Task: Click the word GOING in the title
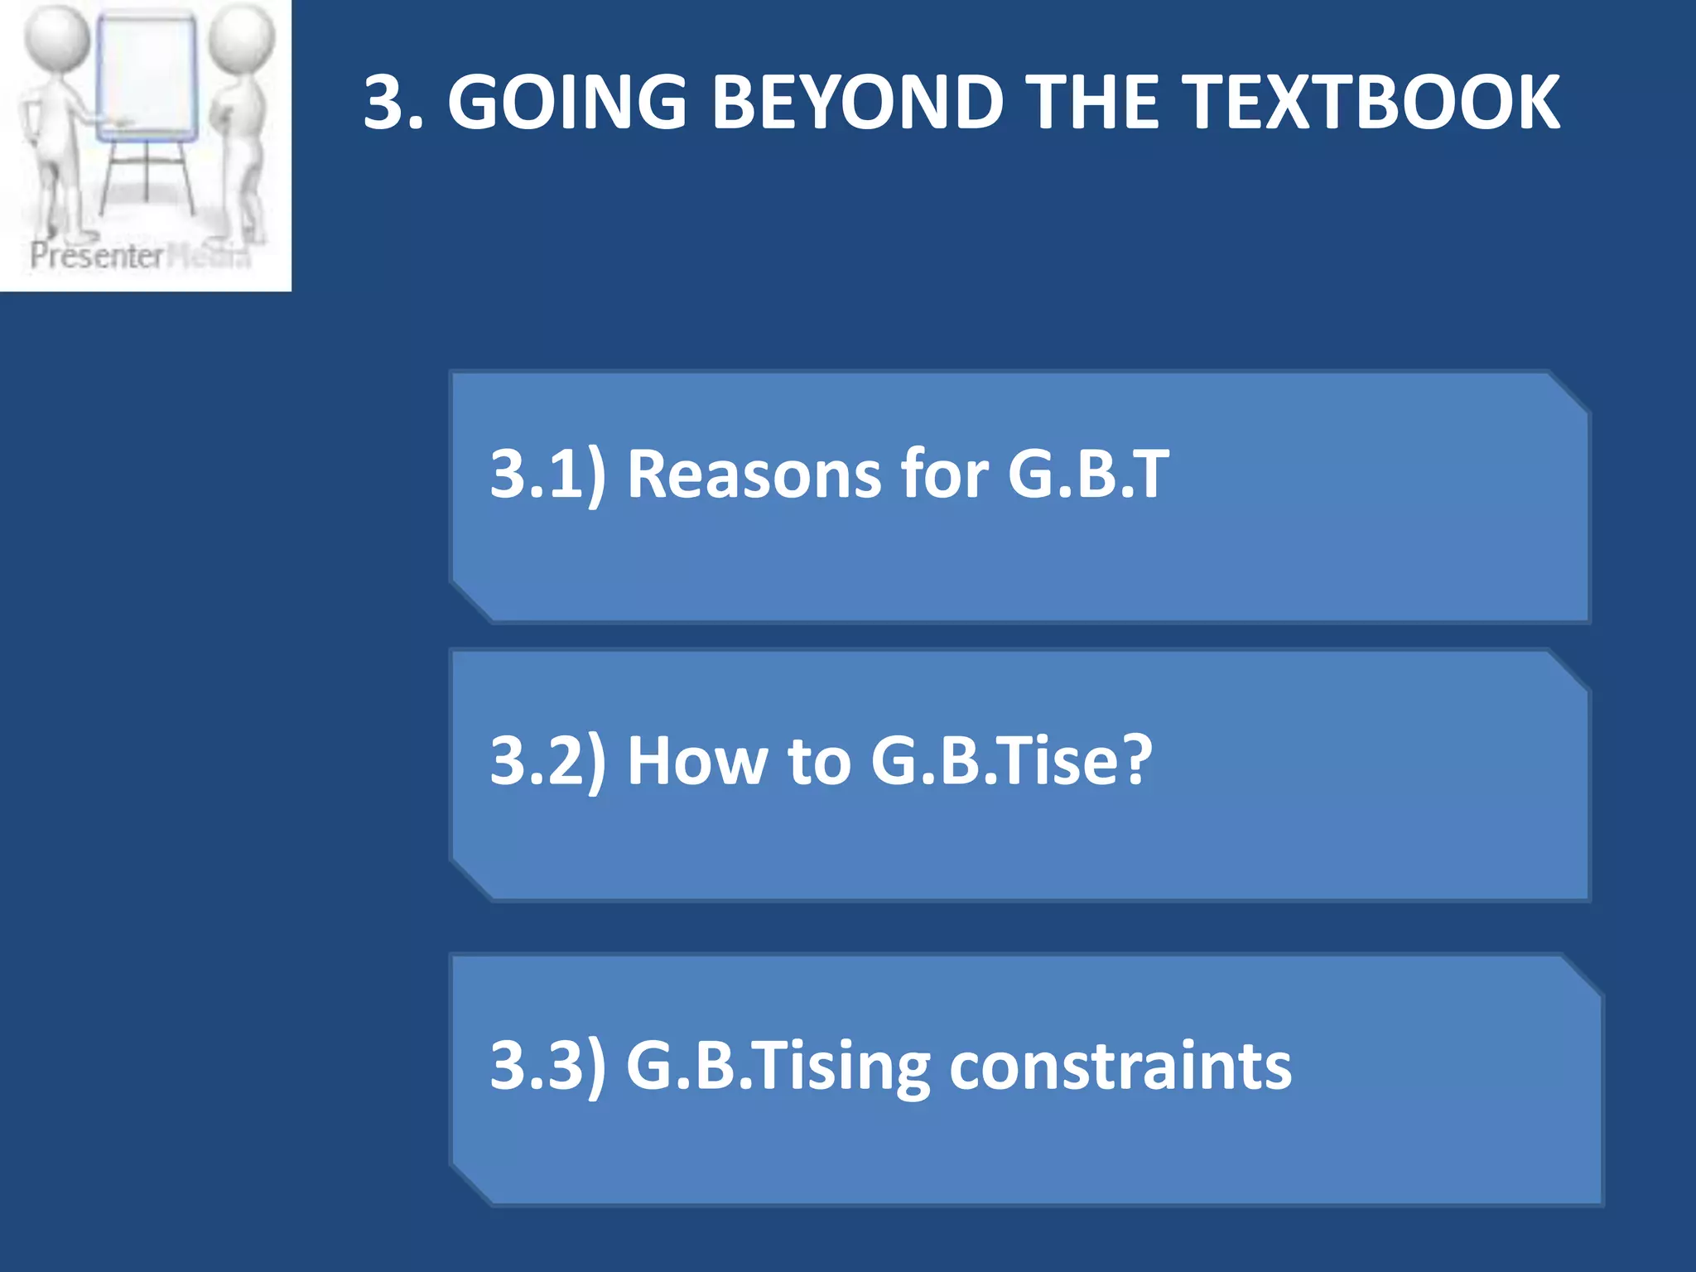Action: [567, 103]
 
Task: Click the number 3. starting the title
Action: [394, 103]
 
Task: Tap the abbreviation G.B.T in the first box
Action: [1088, 474]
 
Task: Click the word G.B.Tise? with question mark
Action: [1011, 760]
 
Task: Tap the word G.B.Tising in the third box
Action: [778, 1065]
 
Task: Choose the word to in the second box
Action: [819, 760]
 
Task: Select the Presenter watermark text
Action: [97, 256]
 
